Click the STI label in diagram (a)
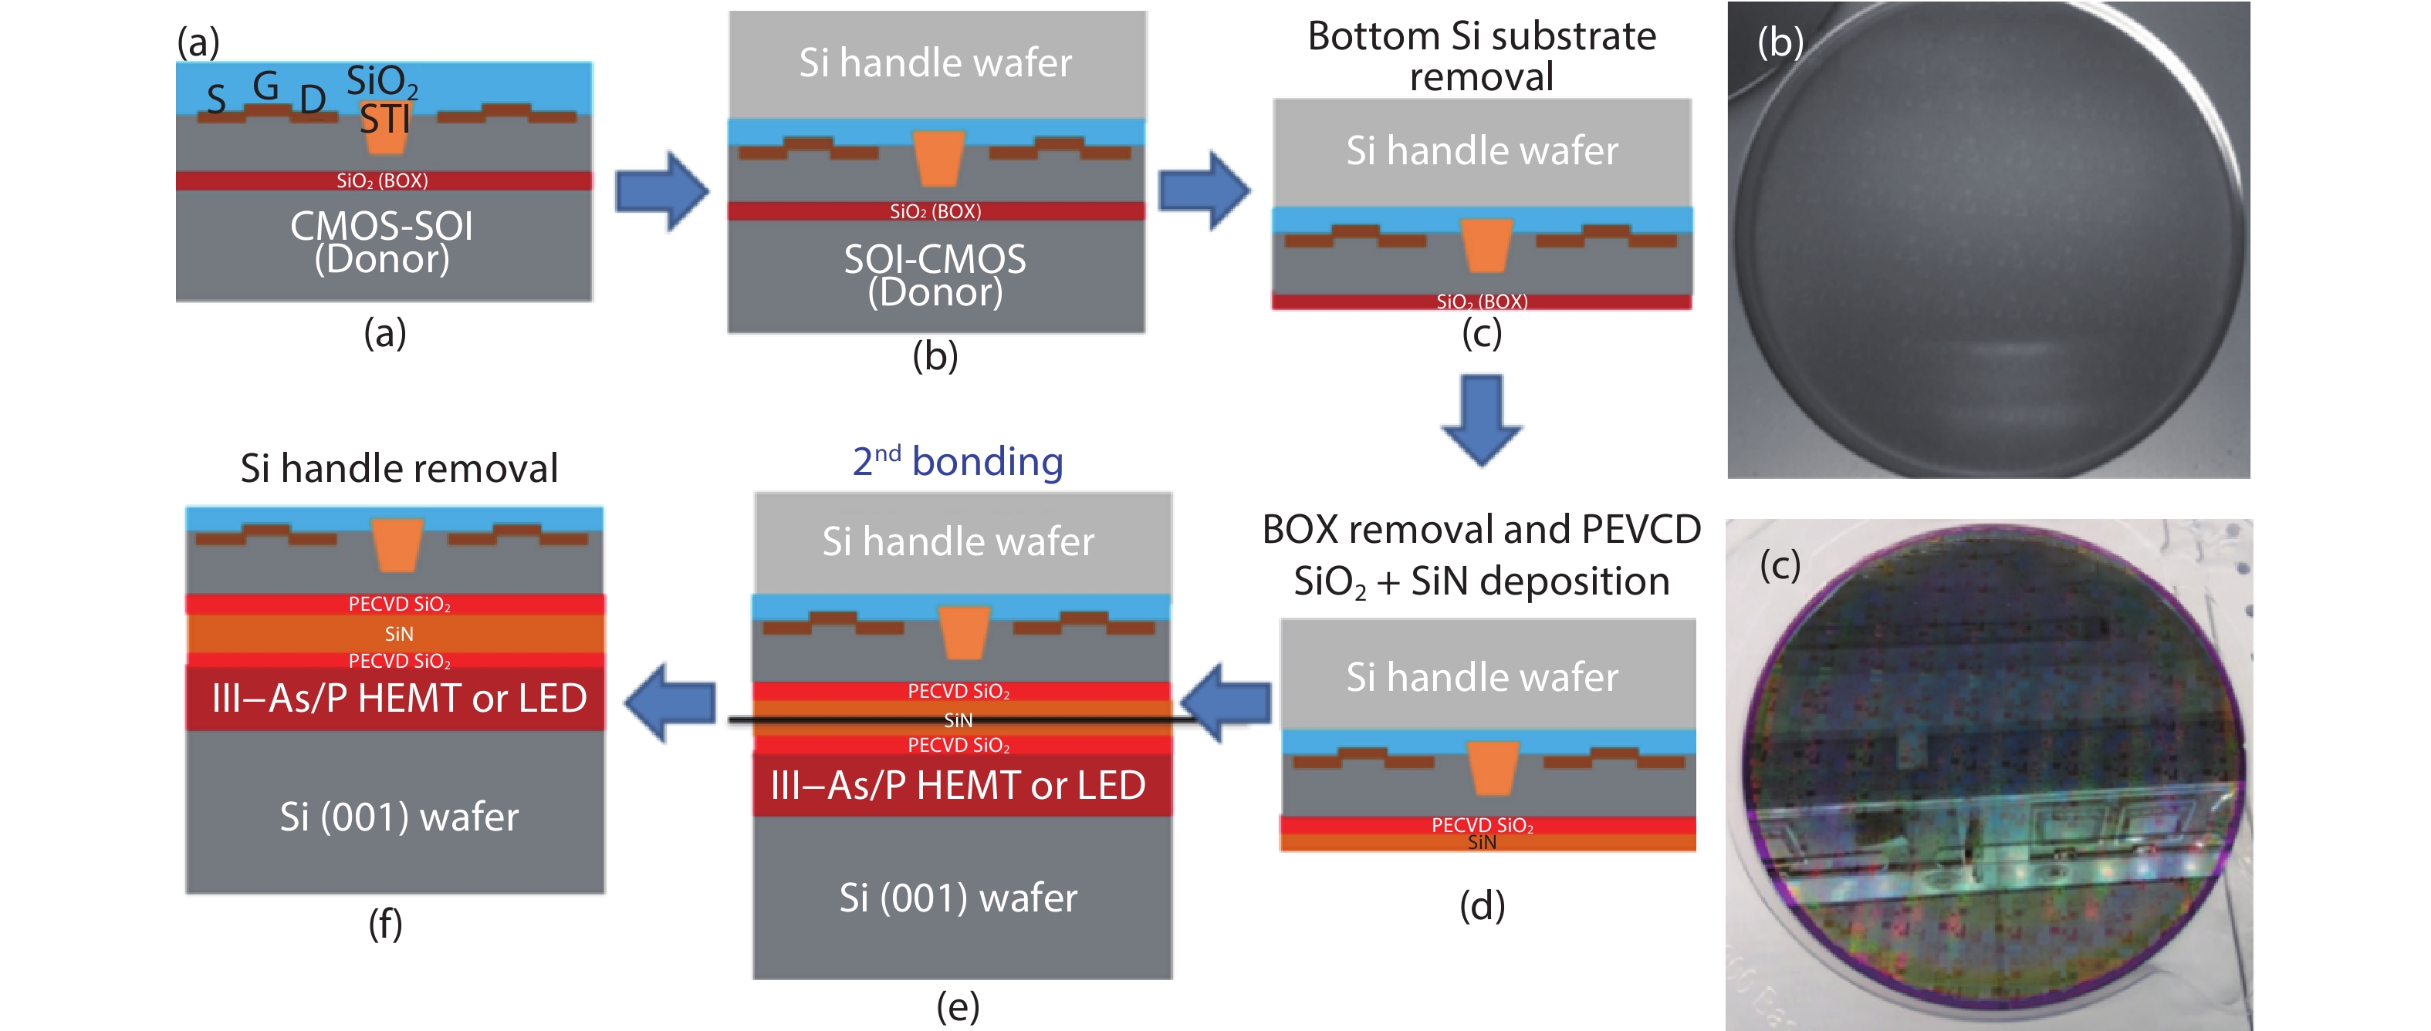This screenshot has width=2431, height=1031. [x=385, y=120]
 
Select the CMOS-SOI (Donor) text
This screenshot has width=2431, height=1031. [x=381, y=242]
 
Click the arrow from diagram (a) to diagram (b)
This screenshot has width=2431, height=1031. [x=661, y=191]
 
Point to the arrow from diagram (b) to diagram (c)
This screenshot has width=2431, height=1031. [x=1204, y=191]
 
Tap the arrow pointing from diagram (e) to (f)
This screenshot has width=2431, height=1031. [x=670, y=702]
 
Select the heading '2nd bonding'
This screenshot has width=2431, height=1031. [x=957, y=461]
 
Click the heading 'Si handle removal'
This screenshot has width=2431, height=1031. [x=398, y=468]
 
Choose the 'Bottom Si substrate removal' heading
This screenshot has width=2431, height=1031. [x=1481, y=56]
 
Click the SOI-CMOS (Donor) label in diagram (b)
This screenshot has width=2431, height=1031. [x=935, y=275]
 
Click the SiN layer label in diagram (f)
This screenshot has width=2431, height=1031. [x=398, y=634]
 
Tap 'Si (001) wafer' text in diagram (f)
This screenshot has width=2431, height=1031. [x=398, y=817]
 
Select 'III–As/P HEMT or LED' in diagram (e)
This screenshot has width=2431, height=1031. [x=958, y=786]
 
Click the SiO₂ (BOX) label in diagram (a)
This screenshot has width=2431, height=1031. [x=382, y=181]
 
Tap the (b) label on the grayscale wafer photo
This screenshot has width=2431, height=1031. [x=1780, y=42]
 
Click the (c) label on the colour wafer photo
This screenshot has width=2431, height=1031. [x=1780, y=566]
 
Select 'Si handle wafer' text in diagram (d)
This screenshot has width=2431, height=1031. [x=1482, y=677]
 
